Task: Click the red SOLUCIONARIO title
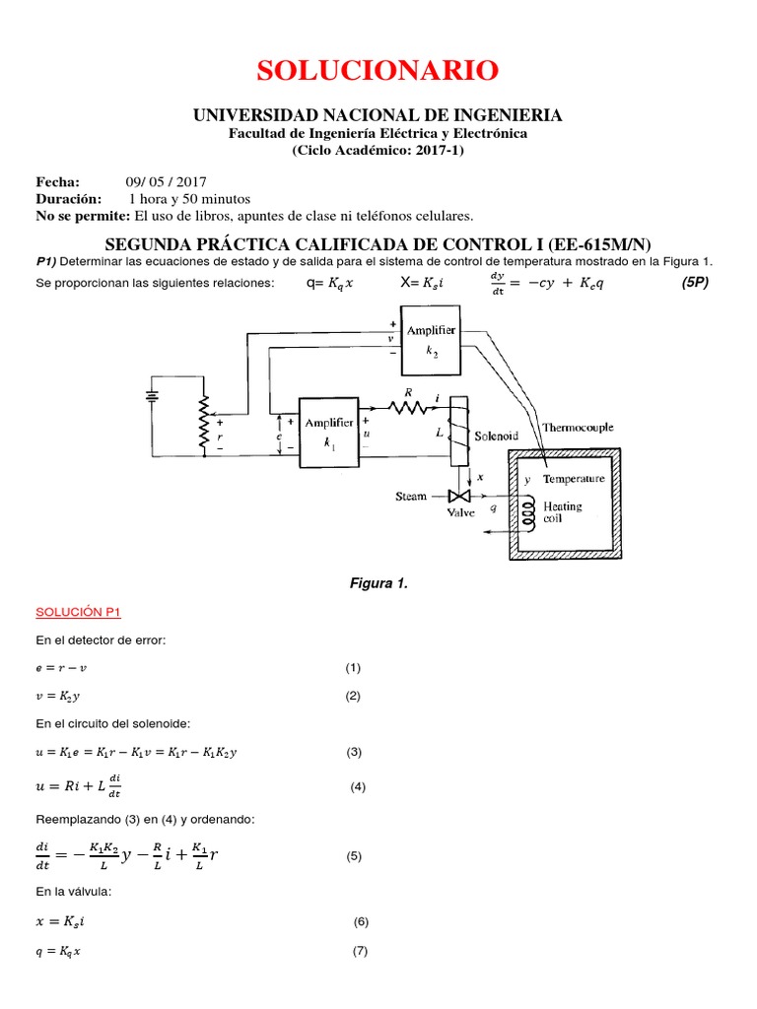click(x=378, y=71)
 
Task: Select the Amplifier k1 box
click(x=328, y=431)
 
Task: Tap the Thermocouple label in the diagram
click(x=578, y=428)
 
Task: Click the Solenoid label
click(x=496, y=435)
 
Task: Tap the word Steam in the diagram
click(x=411, y=497)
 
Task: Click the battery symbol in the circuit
click(x=153, y=394)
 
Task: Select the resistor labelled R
click(x=405, y=405)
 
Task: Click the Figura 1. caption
click(x=378, y=583)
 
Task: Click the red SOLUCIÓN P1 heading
click(x=78, y=613)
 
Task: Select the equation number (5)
click(x=355, y=856)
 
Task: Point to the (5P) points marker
click(x=695, y=284)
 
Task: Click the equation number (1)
click(x=353, y=667)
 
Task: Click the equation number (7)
click(x=360, y=951)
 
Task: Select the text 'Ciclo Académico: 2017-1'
click(x=378, y=151)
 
